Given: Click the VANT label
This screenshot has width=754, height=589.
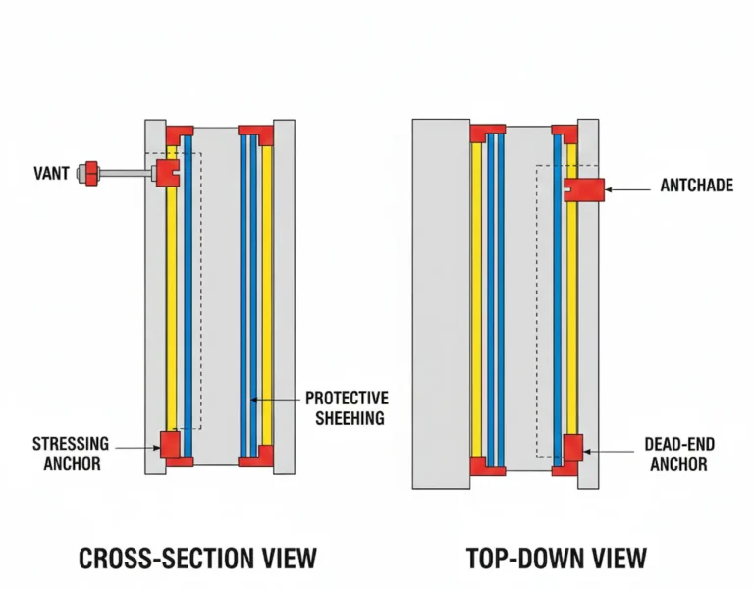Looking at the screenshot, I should pos(51,174).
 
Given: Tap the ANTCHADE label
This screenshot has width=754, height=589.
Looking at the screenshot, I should pos(696,186).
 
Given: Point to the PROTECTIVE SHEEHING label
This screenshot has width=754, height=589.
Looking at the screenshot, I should pos(346,407).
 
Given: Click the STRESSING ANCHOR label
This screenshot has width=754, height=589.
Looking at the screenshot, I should pos(71,454).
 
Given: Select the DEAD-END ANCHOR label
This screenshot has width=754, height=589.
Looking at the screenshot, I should pos(678,454).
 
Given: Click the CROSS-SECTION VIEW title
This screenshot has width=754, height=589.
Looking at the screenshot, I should pos(197,559).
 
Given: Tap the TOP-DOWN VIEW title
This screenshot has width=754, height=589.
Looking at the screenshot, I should pos(556,559).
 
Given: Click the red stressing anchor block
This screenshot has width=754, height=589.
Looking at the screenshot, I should pos(171,444).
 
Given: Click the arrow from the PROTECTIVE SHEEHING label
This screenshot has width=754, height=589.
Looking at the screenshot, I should pos(275,400).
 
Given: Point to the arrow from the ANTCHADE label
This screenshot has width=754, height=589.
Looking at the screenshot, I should pos(628,186).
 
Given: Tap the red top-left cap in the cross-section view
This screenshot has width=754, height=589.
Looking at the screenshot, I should pos(179,134).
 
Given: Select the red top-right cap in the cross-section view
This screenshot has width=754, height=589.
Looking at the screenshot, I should pos(256,134).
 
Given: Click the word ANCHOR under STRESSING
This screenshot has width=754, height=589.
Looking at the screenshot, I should pos(72,463).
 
